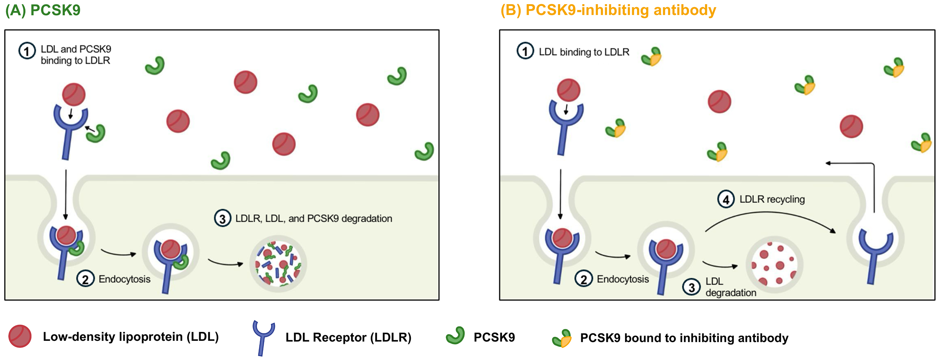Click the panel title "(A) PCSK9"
(43, 10)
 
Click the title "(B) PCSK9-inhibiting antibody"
(608, 10)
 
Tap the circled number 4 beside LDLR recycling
(726, 199)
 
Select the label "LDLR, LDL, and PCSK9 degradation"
(313, 219)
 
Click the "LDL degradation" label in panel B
(730, 287)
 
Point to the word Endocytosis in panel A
(124, 279)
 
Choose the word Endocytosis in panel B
(622, 279)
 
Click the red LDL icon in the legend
(20, 336)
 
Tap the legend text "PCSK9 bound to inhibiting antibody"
(684, 338)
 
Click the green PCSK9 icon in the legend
(455, 336)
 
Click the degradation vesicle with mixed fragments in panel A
(278, 264)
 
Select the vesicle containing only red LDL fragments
(774, 265)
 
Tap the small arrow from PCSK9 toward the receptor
(90, 129)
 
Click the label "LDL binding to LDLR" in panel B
(584, 52)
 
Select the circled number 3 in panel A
(222, 219)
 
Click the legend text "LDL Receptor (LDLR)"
(348, 337)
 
